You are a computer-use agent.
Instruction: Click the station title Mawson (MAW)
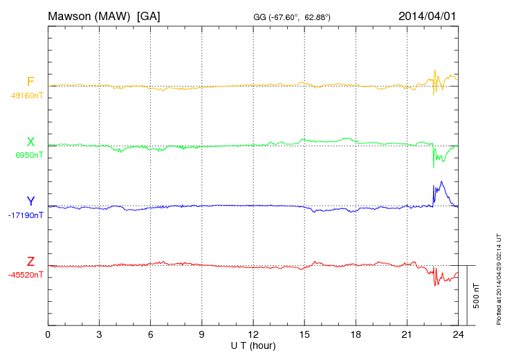click(x=90, y=15)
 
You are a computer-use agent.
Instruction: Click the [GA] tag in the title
click(x=149, y=15)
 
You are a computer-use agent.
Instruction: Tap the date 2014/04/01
click(x=427, y=15)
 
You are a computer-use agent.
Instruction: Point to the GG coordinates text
click(x=291, y=17)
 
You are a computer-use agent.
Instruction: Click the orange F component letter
click(x=30, y=82)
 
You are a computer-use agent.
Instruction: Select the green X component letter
click(x=30, y=142)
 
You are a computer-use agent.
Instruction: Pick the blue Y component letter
click(x=30, y=201)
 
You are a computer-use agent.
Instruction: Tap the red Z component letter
click(x=30, y=262)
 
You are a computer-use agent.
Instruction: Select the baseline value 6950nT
click(x=29, y=155)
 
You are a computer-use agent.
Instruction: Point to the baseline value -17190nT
click(x=26, y=215)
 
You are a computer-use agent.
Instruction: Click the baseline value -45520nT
click(x=26, y=275)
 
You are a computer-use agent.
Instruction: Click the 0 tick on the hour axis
click(x=48, y=335)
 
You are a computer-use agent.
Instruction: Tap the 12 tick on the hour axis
click(x=253, y=335)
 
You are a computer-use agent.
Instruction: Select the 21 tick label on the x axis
click(x=407, y=335)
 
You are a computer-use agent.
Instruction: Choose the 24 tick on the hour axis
click(x=458, y=335)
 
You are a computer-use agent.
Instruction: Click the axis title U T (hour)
click(x=253, y=345)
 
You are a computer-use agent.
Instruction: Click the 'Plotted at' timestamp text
click(x=498, y=277)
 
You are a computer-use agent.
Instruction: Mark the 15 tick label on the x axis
click(x=304, y=335)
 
